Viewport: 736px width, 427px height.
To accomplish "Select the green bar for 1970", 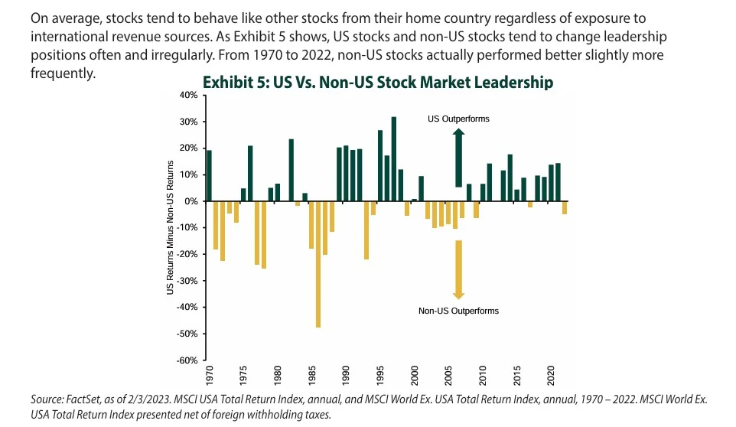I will tap(209, 175).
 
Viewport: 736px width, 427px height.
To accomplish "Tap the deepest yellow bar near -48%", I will tap(318, 264).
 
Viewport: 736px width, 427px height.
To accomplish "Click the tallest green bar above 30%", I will tap(393, 158).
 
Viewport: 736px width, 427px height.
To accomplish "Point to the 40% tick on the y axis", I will tap(187, 95).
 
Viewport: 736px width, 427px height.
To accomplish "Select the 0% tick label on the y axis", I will tap(191, 201).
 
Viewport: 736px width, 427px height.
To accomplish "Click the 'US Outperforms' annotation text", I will tap(458, 119).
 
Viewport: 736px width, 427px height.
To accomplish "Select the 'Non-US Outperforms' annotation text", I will tap(458, 311).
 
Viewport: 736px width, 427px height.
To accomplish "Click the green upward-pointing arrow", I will tap(458, 157).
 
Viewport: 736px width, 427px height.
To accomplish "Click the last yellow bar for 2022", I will tap(565, 207).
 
